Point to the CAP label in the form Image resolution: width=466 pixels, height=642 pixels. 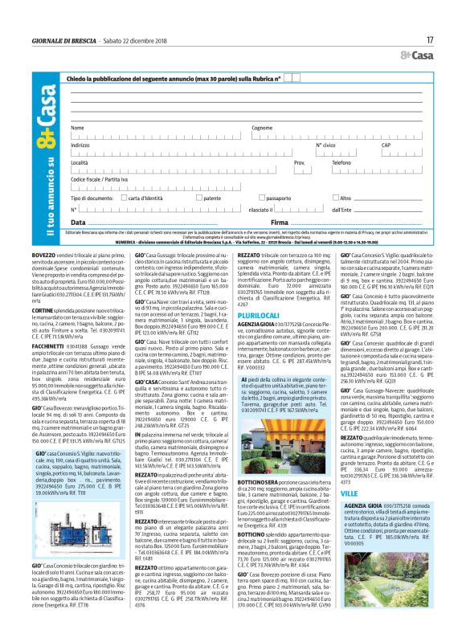386,145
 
